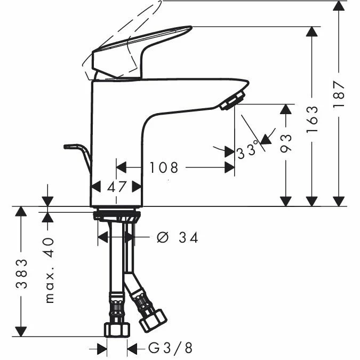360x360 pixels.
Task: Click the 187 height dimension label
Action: pyautogui.click(x=339, y=93)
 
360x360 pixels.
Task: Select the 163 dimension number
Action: pyautogui.click(x=312, y=119)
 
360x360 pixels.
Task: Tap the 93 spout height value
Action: pyautogui.click(x=286, y=143)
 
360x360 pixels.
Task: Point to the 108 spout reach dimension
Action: pyautogui.click(x=164, y=167)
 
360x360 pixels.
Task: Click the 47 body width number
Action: pyautogui.click(x=116, y=187)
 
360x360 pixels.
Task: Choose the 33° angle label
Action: pyautogui.click(x=247, y=150)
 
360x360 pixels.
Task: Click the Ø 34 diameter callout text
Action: pyautogui.click(x=177, y=237)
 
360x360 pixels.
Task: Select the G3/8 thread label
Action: pyautogui.click(x=170, y=348)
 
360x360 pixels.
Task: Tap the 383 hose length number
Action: pyautogui.click(x=21, y=274)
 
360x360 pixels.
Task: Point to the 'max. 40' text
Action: pyautogui.click(x=50, y=270)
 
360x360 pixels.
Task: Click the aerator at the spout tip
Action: pyautogui.click(x=233, y=101)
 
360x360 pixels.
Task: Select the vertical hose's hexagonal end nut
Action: pyautogui.click(x=117, y=329)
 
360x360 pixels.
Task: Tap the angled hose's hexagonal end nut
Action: pyautogui.click(x=153, y=321)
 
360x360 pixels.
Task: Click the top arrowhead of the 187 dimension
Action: pyautogui.click(x=339, y=5)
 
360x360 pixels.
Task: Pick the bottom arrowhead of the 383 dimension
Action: pyautogui.click(x=21, y=332)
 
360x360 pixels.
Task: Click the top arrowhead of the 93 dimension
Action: pyautogui.click(x=286, y=109)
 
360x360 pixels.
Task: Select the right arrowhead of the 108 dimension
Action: pyautogui.click(x=229, y=167)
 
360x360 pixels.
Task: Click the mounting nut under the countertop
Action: pyautogui.click(x=117, y=216)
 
